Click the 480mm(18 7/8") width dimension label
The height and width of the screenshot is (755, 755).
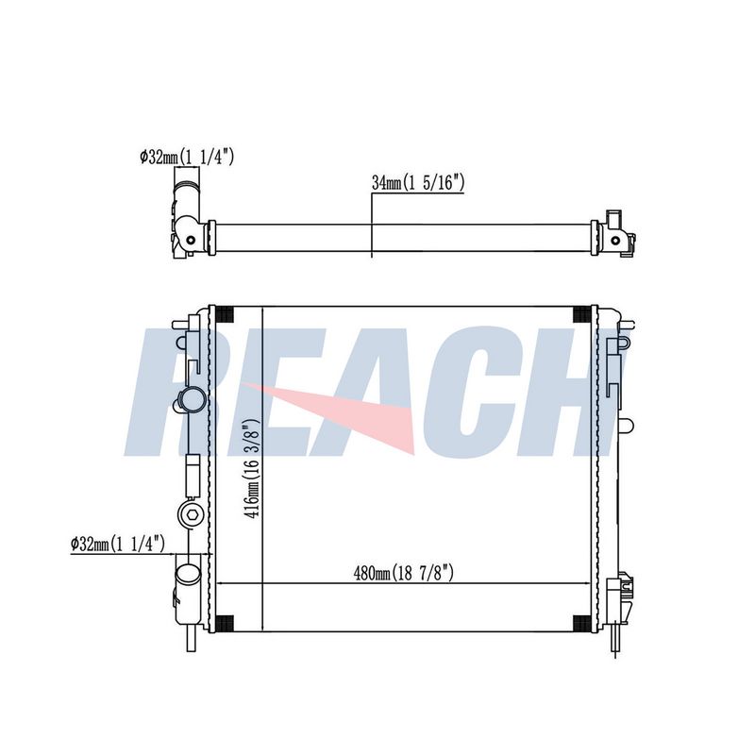pyautogui.click(x=404, y=573)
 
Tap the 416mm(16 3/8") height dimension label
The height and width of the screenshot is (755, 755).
pyautogui.click(x=252, y=468)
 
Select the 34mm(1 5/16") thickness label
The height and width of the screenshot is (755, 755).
pyautogui.click(x=418, y=182)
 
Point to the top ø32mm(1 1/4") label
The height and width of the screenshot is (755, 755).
pyautogui.click(x=187, y=157)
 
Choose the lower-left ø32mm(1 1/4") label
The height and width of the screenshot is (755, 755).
pyautogui.click(x=117, y=545)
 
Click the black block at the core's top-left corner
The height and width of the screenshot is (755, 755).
pyautogui.click(x=224, y=314)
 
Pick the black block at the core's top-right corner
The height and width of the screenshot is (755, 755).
pyautogui.click(x=581, y=314)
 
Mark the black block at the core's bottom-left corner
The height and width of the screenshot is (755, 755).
pyautogui.click(x=224, y=623)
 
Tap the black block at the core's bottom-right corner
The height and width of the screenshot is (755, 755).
pyautogui.click(x=581, y=623)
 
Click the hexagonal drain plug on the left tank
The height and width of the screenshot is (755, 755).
pyautogui.click(x=192, y=515)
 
